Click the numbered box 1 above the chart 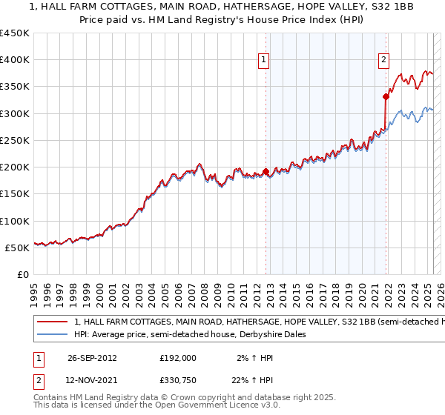(264, 62)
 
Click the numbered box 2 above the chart (383, 62)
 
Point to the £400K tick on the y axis (15, 60)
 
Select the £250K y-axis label (15, 140)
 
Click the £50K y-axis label (18, 248)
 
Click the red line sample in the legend (51, 322)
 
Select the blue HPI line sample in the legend (51, 335)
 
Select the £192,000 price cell (177, 357)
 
